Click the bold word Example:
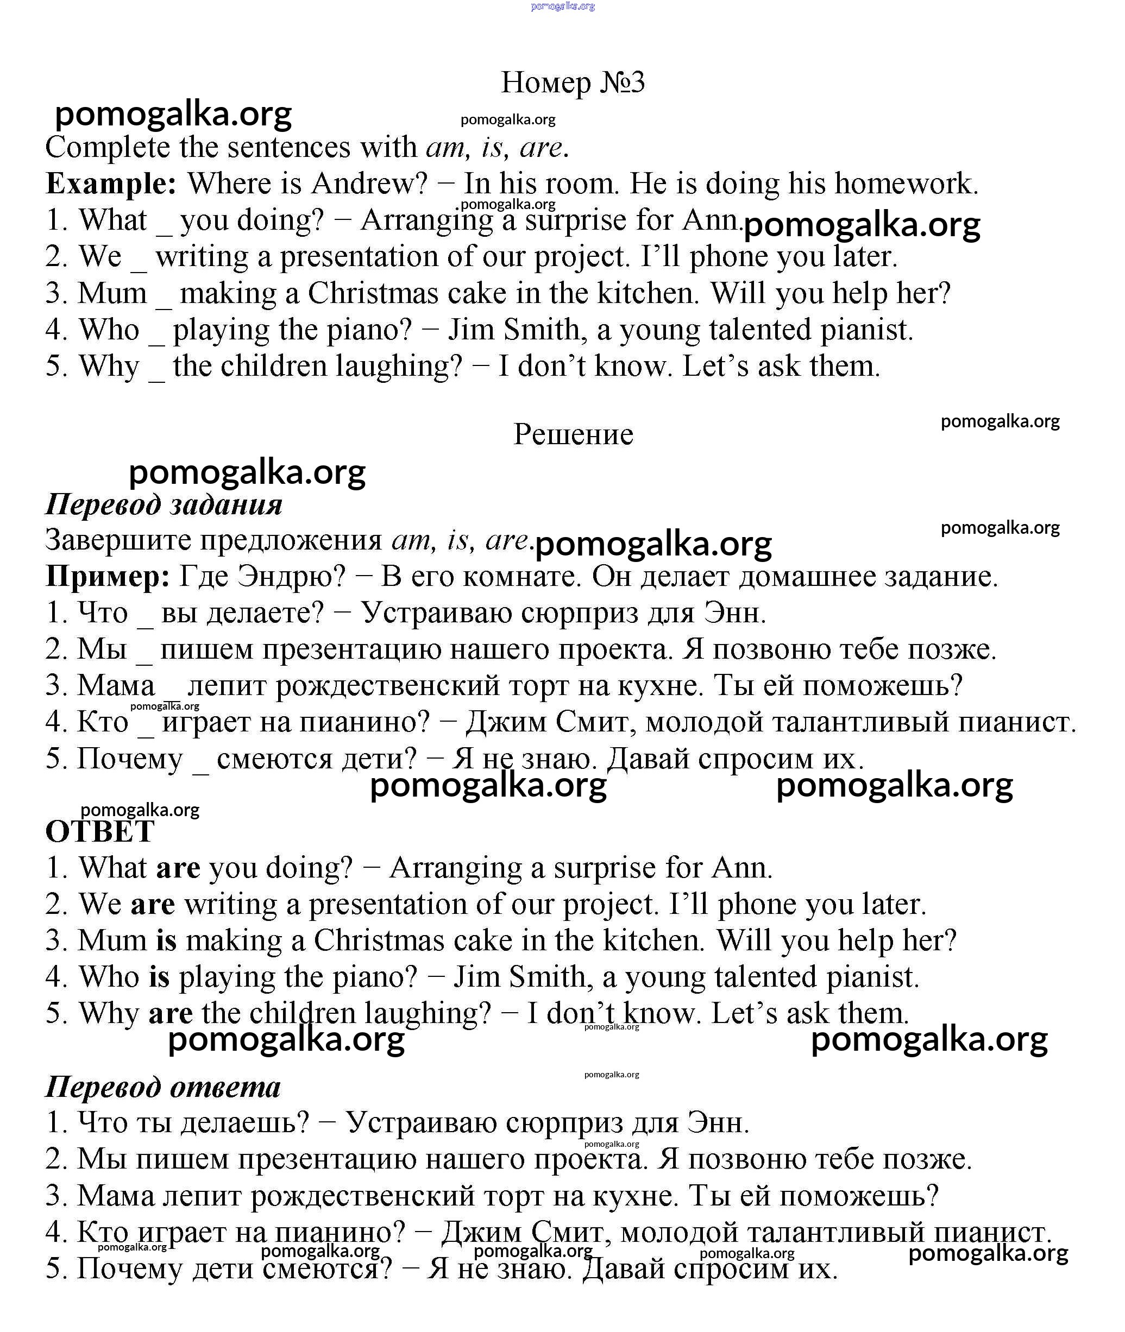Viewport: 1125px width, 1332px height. coord(111,184)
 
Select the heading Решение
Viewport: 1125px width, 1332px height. coord(573,435)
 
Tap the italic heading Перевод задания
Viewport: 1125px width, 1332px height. coord(164,504)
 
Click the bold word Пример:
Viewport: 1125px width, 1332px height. coord(108,577)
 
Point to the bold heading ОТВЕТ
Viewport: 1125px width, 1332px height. coord(99,831)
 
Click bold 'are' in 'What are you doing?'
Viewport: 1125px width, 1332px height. coord(178,868)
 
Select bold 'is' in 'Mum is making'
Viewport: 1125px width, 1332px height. coord(166,940)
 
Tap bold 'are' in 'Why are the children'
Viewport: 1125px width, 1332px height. coord(170,1013)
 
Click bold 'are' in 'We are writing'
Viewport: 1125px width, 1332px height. coord(153,904)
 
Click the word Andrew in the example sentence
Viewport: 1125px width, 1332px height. coord(369,184)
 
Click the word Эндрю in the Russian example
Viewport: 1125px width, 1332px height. coord(290,577)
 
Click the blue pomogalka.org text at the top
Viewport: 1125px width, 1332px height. coord(563,6)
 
